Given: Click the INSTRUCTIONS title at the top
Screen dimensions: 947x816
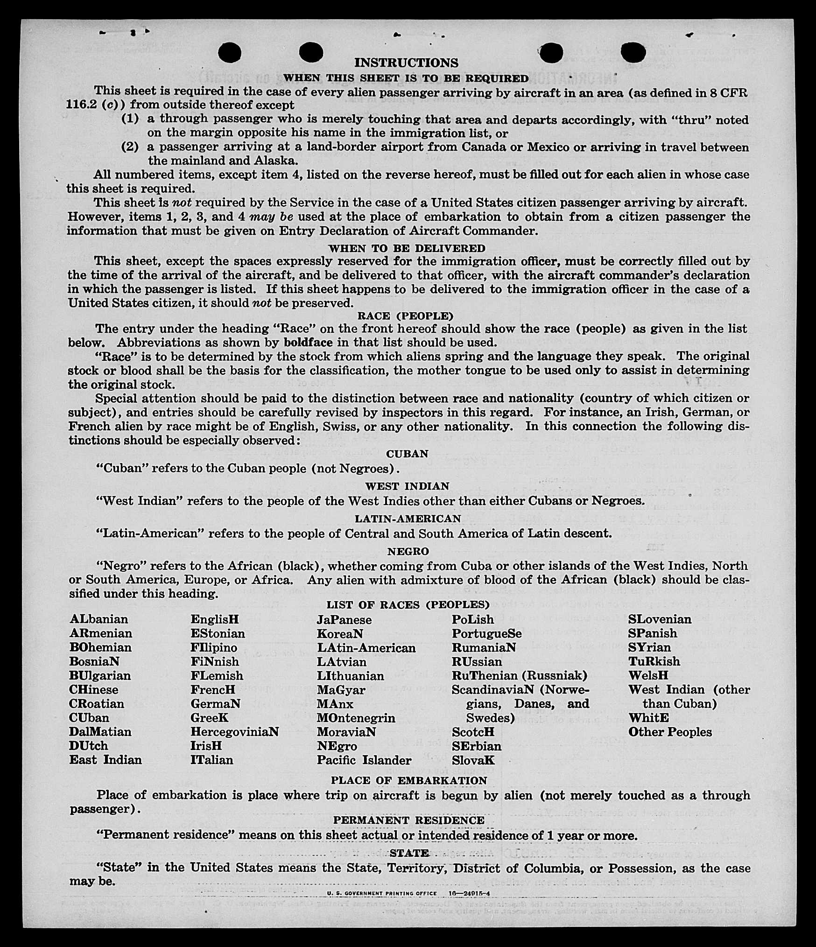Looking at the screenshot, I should pyautogui.click(x=406, y=63).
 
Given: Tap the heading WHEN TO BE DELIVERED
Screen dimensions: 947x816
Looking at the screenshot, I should pyautogui.click(x=407, y=248).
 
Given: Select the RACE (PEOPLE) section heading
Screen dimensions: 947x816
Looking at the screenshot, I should pyautogui.click(x=405, y=316).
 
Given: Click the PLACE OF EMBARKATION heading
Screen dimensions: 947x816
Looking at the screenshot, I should pyautogui.click(x=409, y=780).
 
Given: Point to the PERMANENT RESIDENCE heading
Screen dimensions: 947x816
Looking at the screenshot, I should pyautogui.click(x=409, y=820).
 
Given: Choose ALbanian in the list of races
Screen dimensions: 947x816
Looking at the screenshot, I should pyautogui.click(x=98, y=619).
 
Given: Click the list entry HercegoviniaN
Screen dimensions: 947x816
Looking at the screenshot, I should pyautogui.click(x=234, y=731).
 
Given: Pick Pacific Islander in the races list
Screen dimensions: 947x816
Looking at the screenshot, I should pyautogui.click(x=364, y=760).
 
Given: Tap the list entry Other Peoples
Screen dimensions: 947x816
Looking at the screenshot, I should pyautogui.click(x=670, y=732).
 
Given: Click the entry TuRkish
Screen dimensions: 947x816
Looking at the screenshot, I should pyautogui.click(x=654, y=661).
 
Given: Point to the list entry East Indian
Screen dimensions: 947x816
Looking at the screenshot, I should pyautogui.click(x=106, y=760).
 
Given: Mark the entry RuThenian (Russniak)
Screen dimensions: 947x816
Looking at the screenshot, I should pyautogui.click(x=519, y=675).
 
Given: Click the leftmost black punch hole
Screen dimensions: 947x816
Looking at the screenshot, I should pyautogui.click(x=230, y=52).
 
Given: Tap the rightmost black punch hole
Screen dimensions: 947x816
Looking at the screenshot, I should pyautogui.click(x=633, y=52).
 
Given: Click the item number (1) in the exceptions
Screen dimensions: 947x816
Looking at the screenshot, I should pyautogui.click(x=130, y=119).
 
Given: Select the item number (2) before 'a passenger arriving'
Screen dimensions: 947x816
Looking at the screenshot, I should pyautogui.click(x=130, y=147).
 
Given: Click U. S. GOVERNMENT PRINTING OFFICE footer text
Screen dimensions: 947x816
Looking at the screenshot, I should pyautogui.click(x=382, y=893).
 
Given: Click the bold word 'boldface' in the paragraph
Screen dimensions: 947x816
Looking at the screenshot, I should pyautogui.click(x=308, y=343).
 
